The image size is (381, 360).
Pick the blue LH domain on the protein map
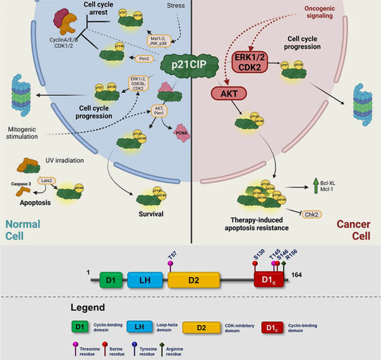(x=145, y=280)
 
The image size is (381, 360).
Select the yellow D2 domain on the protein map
(x=193, y=280)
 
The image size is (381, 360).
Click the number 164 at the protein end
(x=297, y=275)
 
